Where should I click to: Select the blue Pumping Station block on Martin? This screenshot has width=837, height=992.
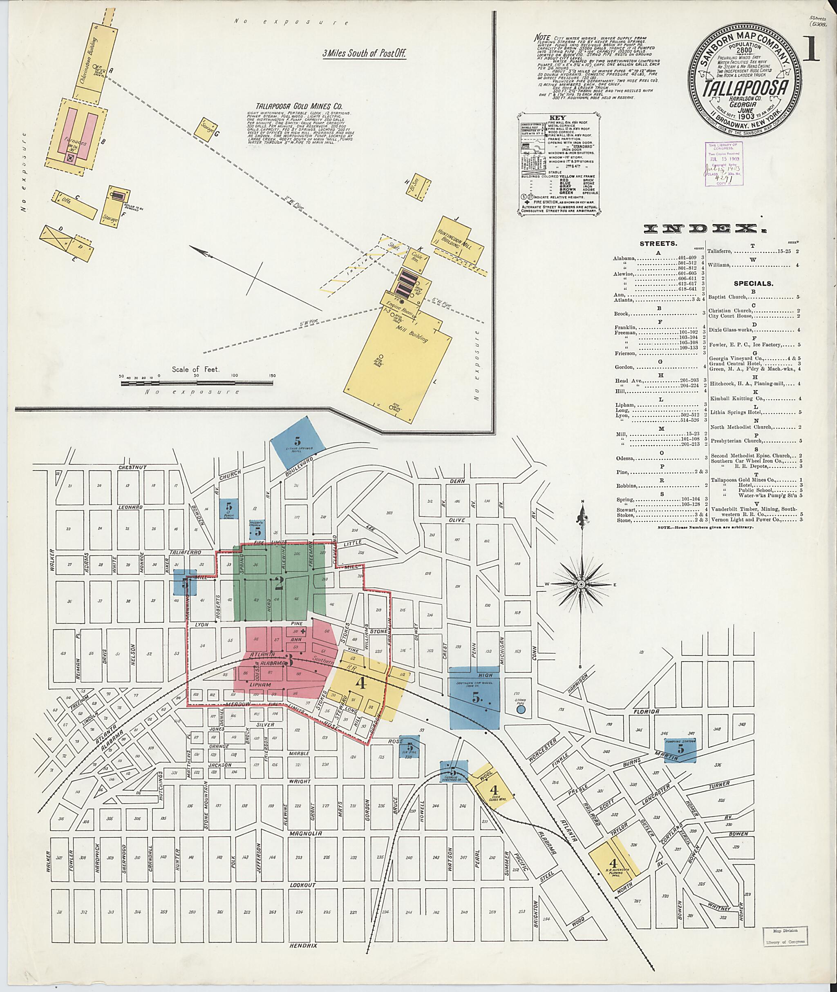click(x=680, y=750)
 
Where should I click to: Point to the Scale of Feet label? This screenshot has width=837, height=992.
click(x=196, y=368)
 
